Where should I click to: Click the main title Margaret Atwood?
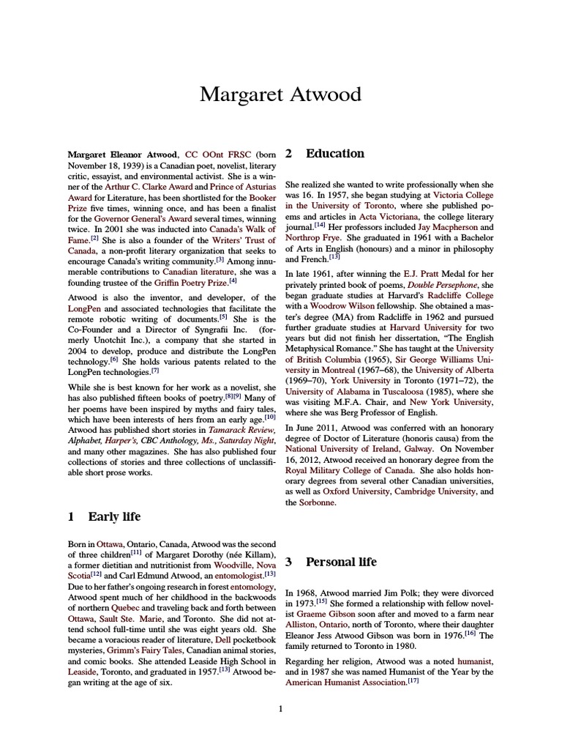click(281, 94)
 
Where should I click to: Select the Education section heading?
click(334, 154)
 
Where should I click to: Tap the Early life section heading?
click(114, 516)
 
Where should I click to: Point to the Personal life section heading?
click(341, 562)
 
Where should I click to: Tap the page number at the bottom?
click(281, 708)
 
